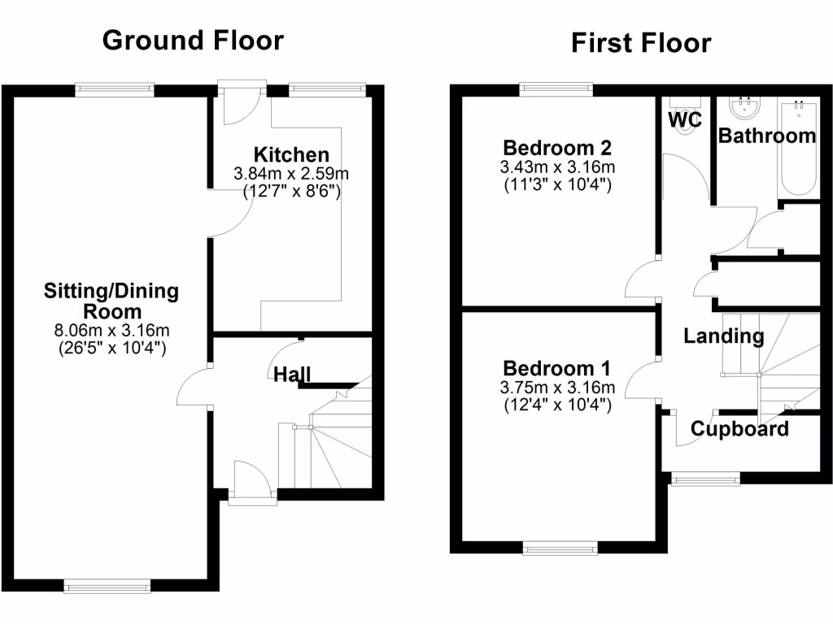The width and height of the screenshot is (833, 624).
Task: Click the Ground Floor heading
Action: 193,40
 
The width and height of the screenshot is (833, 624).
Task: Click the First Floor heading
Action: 641,42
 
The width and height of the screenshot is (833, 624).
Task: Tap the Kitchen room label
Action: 291,154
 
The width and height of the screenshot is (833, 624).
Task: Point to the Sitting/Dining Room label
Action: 111,301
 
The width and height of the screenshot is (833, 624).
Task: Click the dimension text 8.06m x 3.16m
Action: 111,331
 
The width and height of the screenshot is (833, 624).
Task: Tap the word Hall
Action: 291,375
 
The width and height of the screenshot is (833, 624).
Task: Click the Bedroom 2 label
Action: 557,148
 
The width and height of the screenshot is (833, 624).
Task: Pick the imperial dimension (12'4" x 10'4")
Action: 557,403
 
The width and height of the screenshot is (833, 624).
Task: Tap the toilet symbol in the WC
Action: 680,106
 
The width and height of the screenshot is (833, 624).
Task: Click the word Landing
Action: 723,336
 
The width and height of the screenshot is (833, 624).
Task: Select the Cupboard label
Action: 739,429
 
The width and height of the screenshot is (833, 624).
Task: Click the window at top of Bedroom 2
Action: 557,89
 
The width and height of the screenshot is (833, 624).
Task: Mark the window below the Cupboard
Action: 704,479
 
